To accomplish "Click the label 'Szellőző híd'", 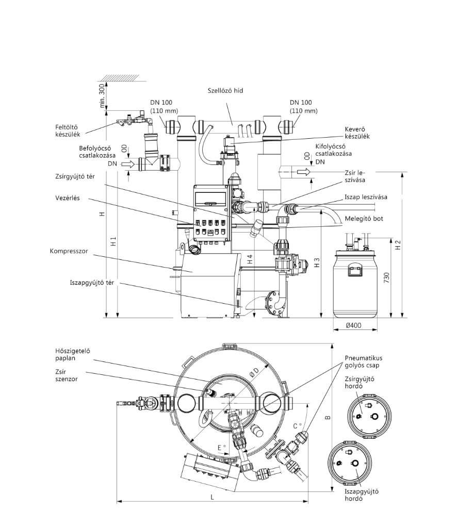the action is tap(225, 91).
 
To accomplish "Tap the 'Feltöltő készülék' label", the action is tap(68, 130).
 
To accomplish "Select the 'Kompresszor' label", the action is tap(69, 251).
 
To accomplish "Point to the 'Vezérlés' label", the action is tap(68, 198).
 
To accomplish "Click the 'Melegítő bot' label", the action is tap(364, 219).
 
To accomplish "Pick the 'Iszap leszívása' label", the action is tap(366, 197).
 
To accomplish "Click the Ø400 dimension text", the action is tap(354, 325).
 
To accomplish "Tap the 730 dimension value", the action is tap(387, 277).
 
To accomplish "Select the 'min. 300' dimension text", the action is tap(102, 96).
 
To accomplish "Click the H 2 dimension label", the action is tap(398, 245).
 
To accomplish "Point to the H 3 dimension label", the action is tap(317, 263).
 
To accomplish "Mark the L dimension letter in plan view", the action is tap(212, 497).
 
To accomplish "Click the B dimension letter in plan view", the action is tap(328, 418).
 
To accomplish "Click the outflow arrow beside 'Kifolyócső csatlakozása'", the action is tap(303, 172).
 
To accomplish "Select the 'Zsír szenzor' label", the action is tap(67, 375).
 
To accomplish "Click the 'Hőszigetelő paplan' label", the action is tap(73, 354).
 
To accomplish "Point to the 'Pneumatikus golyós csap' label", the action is tap(364, 361).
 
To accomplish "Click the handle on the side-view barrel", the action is tap(356, 271).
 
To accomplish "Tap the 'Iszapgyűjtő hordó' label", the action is tap(362, 494).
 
